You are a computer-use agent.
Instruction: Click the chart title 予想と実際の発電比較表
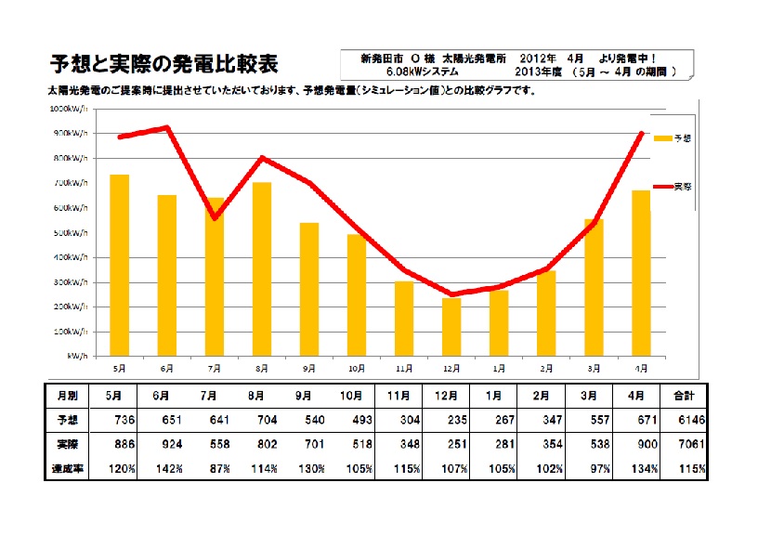(163, 64)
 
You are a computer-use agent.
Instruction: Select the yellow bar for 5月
(119, 265)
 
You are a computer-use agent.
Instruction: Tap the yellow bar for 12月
(451, 327)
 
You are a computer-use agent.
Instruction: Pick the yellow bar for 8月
(262, 269)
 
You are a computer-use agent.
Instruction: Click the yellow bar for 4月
(641, 273)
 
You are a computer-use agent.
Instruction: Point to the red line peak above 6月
(167, 127)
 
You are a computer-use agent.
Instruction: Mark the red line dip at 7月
(215, 217)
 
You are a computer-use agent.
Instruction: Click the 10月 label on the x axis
(357, 368)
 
